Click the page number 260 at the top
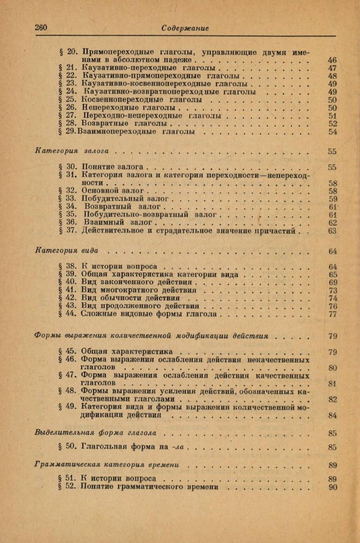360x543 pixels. coord(41,27)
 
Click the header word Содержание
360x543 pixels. coord(185,28)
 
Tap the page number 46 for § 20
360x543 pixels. coord(332,60)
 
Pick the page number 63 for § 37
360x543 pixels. coord(332,231)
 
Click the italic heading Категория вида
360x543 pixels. coord(67,251)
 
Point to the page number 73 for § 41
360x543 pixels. coord(332,291)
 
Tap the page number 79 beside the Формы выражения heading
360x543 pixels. coord(332,336)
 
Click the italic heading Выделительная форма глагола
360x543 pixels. coord(95,433)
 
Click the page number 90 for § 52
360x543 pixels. coord(332,487)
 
